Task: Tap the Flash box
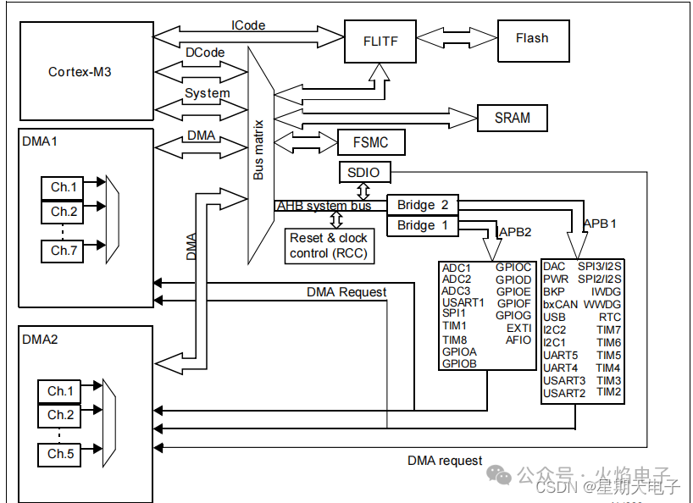pyautogui.click(x=531, y=38)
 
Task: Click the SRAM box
pyautogui.click(x=512, y=118)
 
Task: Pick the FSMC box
pyautogui.click(x=370, y=142)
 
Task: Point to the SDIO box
pyautogui.click(x=364, y=173)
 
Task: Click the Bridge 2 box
pyautogui.click(x=422, y=205)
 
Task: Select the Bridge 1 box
pyautogui.click(x=422, y=225)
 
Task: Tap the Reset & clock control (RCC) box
pyautogui.click(x=328, y=246)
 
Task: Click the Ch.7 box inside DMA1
pyautogui.click(x=64, y=251)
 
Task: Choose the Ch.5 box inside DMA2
pyautogui.click(x=60, y=454)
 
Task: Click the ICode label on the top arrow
pyautogui.click(x=247, y=25)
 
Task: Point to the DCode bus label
pyautogui.click(x=205, y=53)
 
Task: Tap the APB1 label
pyautogui.click(x=601, y=224)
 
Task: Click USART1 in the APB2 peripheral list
pyautogui.click(x=463, y=301)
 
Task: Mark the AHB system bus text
pyautogui.click(x=323, y=206)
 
